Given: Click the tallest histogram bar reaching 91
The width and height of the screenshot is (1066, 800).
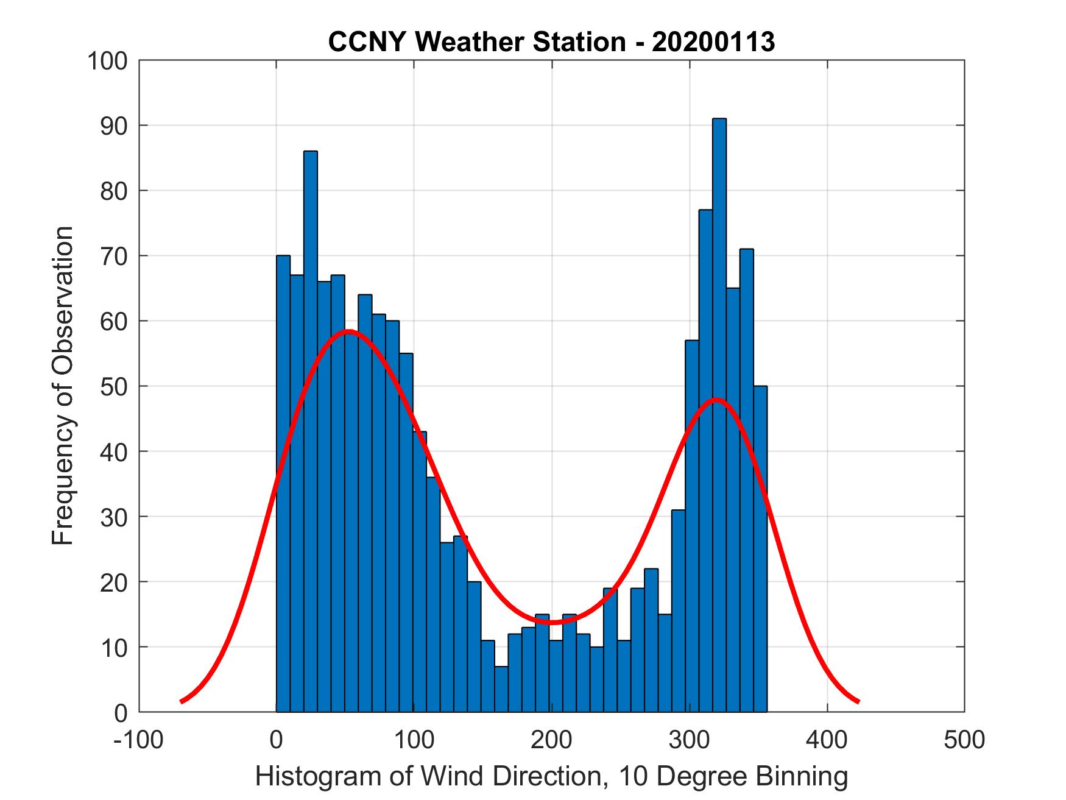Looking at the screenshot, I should [x=719, y=414].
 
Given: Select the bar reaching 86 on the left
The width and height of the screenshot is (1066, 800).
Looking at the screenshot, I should [x=310, y=427].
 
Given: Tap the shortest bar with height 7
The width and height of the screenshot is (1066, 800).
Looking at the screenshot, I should [x=501, y=688].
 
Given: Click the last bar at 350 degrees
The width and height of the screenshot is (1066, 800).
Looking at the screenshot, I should [x=760, y=548].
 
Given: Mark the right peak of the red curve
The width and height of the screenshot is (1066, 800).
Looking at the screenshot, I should [x=716, y=400].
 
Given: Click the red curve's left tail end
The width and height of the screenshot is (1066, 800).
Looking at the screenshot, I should [x=182, y=701].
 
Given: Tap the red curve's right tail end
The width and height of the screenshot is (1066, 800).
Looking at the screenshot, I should [x=858, y=701].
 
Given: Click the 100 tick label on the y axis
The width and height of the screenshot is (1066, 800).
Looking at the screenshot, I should [x=107, y=61].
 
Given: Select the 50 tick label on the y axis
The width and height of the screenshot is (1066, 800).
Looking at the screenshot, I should [x=114, y=387].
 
